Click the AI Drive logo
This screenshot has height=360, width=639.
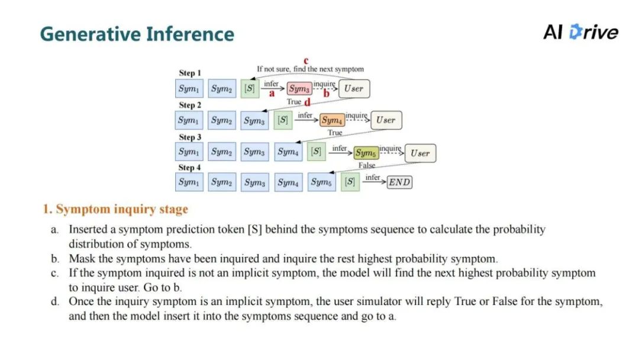pos(580,32)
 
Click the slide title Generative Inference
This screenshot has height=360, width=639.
pos(137,34)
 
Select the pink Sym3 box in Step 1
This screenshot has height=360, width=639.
pos(299,89)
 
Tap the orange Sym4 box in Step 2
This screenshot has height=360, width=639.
pos(332,121)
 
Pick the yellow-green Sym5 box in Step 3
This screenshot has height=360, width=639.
pos(366,153)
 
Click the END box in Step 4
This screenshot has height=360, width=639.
pos(399,182)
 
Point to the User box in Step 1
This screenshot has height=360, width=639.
pos(354,89)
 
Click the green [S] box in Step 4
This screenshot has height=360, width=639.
pos(350,182)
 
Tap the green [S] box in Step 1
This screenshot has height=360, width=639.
pos(249,89)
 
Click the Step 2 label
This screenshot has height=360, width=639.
pos(190,105)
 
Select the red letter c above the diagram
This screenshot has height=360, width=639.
pos(306,60)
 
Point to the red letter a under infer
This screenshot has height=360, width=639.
pos(272,94)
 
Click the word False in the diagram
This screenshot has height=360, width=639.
pos(367,165)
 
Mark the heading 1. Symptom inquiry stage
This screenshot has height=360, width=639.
pos(115,210)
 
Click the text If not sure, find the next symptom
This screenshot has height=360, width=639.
pos(310,69)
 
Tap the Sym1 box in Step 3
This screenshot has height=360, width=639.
pos(189,152)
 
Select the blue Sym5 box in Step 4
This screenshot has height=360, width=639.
pos(321,182)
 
